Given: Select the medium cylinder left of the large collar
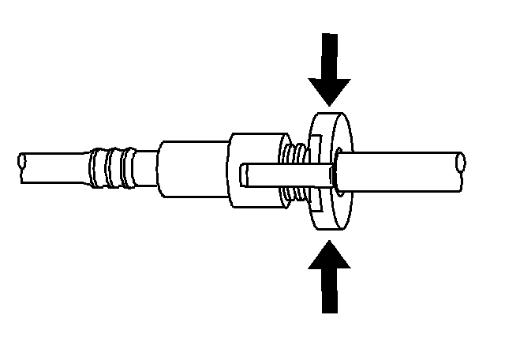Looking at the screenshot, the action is (x=189, y=168).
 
